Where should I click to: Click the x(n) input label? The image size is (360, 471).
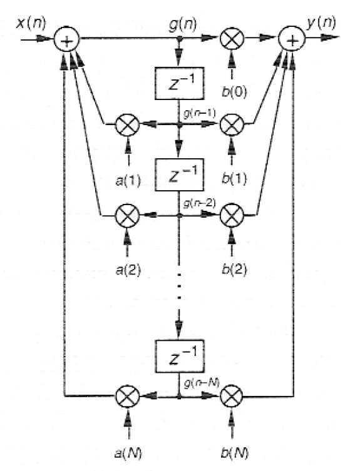click(x=31, y=23)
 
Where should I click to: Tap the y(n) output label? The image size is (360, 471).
click(x=321, y=23)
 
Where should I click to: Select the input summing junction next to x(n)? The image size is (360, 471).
click(x=66, y=39)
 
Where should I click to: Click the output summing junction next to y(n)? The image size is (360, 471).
click(x=292, y=39)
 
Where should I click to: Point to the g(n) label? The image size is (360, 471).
click(x=183, y=24)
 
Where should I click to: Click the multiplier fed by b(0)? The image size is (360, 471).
click(x=232, y=38)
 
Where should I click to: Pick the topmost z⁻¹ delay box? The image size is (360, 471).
click(x=180, y=83)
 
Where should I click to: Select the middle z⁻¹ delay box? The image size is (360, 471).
click(x=180, y=175)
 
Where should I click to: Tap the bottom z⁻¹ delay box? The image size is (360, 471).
click(x=180, y=357)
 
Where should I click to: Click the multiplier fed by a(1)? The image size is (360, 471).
click(x=128, y=124)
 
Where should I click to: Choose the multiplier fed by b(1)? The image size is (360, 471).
click(x=232, y=124)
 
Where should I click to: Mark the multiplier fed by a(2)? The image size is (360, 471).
click(x=127, y=215)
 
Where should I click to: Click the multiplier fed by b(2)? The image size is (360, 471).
click(x=232, y=215)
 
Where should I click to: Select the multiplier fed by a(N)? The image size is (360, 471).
click(x=128, y=397)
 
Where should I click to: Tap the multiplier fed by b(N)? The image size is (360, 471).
click(x=232, y=397)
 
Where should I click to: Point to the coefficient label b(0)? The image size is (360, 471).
click(x=234, y=91)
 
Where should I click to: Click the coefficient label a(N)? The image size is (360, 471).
click(x=128, y=453)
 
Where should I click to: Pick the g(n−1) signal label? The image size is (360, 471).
click(x=199, y=114)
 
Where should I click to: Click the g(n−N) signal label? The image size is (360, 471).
click(x=202, y=383)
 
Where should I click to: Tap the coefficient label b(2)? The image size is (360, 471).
click(x=234, y=270)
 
